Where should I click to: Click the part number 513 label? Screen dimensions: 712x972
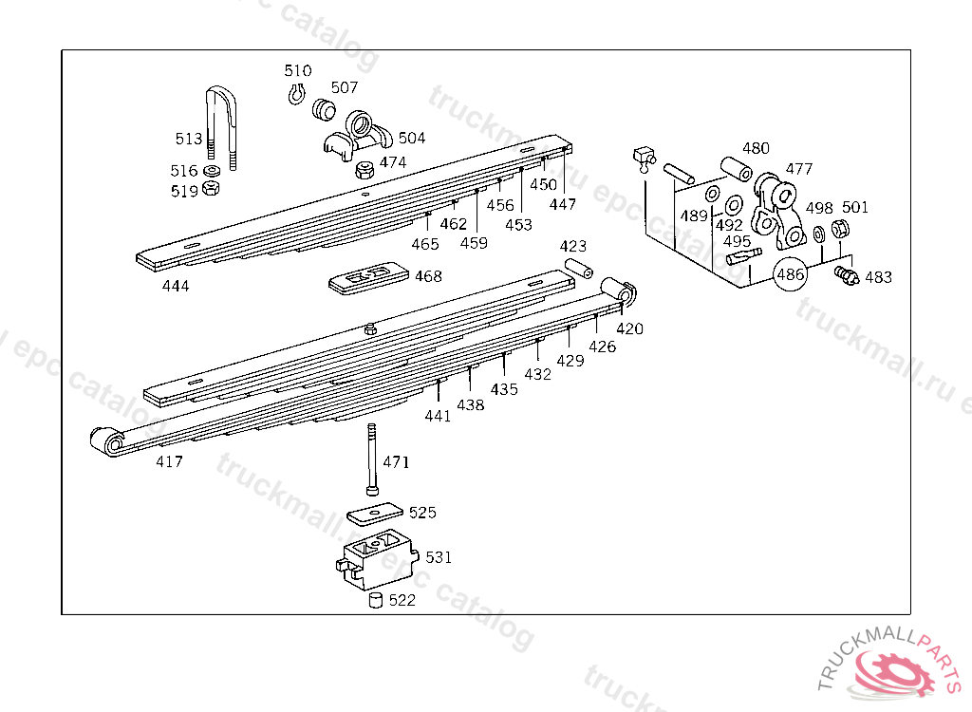[x=189, y=139]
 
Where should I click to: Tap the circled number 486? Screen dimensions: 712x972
[x=791, y=275]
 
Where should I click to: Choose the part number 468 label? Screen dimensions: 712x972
[x=428, y=276]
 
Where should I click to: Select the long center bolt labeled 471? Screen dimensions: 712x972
[x=369, y=460]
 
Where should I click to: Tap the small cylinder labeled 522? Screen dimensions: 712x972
[x=375, y=600]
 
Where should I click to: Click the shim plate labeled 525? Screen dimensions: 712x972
[x=375, y=514]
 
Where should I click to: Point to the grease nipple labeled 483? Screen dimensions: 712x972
[x=845, y=275]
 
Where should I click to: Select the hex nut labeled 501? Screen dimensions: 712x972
[x=839, y=228]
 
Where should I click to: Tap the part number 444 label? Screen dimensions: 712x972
[x=176, y=286]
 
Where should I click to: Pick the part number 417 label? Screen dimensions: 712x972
[x=170, y=462]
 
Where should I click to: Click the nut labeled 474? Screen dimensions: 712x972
[x=362, y=172]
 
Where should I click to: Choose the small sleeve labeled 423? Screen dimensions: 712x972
[x=579, y=269]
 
